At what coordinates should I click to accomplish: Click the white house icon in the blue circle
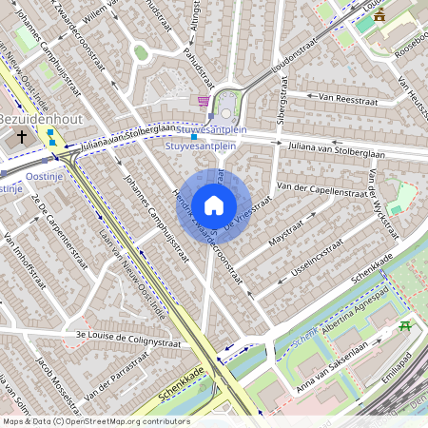tap(214, 204)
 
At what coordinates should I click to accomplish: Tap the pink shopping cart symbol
tap(204, 100)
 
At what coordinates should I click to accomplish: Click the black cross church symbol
tap(22, 137)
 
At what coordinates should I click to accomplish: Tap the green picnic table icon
tap(405, 326)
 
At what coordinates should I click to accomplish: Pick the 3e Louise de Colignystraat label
tap(114, 336)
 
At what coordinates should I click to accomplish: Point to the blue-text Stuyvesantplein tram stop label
tap(201, 146)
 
